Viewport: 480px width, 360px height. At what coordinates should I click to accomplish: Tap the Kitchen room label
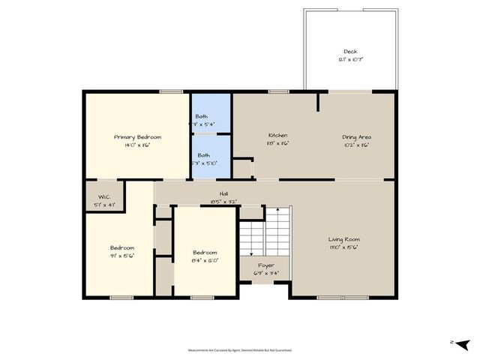[278, 136]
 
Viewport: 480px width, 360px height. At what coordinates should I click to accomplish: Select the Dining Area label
[357, 137]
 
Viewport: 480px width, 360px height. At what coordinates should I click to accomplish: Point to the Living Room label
[343, 239]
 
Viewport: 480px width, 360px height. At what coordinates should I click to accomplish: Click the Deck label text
[351, 52]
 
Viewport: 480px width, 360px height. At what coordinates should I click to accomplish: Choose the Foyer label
[266, 265]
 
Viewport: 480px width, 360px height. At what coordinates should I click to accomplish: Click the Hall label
[223, 193]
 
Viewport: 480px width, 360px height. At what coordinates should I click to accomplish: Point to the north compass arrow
[463, 343]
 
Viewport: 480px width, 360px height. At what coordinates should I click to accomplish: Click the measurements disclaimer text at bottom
[240, 349]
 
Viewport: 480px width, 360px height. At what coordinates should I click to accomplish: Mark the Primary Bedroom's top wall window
[171, 91]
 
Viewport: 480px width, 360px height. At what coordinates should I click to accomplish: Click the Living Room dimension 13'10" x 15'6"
[343, 247]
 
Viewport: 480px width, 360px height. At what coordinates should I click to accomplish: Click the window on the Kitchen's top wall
[279, 91]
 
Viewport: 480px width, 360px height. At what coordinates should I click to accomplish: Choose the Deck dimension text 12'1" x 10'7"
[351, 59]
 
